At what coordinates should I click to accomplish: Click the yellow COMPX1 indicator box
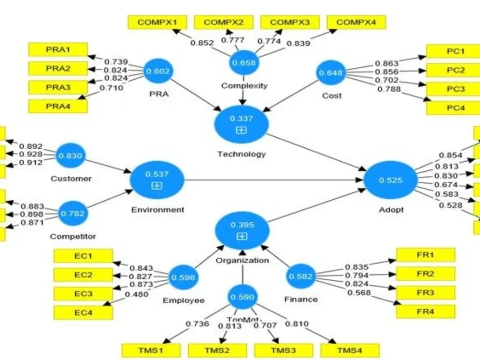157,22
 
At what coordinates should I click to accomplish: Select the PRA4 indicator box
58,106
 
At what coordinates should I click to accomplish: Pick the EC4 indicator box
83,312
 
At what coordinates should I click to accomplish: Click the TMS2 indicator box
217,350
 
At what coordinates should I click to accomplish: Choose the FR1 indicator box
425,255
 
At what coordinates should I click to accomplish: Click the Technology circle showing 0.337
241,123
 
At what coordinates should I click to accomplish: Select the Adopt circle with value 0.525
391,181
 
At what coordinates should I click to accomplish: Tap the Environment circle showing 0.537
157,180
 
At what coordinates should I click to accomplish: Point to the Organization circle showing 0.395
242,230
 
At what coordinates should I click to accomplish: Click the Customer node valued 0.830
71,156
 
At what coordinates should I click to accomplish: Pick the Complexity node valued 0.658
244,62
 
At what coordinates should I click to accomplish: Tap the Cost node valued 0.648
331,73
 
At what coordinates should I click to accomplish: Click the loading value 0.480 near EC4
136,294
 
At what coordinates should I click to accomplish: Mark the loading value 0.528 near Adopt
451,205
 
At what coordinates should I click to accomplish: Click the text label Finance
301,299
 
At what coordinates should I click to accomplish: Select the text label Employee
183,300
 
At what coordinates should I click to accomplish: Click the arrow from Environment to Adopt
274,180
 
